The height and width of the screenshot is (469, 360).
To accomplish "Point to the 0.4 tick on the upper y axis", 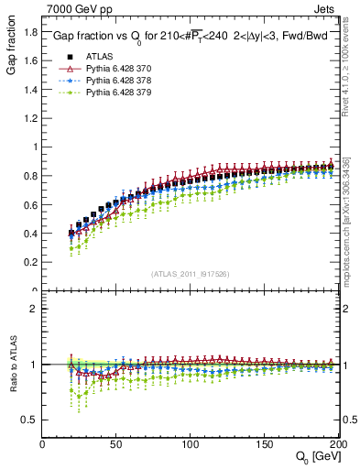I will pyautogui.click(x=31, y=234).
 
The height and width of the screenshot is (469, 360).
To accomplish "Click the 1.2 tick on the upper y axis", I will pyautogui.click(x=31, y=118).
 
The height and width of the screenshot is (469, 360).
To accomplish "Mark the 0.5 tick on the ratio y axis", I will pyautogui.click(x=31, y=420).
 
